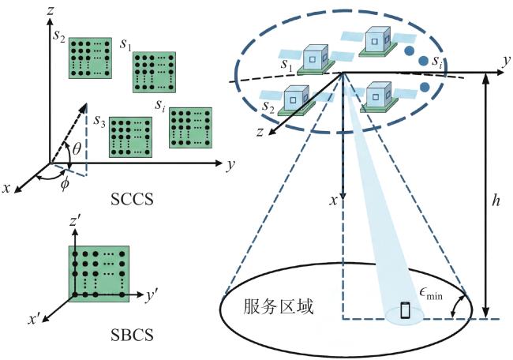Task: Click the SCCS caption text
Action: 132,199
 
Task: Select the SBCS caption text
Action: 132,335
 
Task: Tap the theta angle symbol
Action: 77,149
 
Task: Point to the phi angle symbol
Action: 65,184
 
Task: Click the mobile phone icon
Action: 406,310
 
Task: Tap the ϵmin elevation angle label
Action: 431,294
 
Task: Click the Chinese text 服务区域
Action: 278,306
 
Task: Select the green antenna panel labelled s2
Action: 90,58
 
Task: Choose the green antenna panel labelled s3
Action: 130,137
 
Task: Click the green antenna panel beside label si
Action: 190,128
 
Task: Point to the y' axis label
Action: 152,296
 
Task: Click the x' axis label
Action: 34,319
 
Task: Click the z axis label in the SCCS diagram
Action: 50,10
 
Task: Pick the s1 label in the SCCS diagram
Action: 125,44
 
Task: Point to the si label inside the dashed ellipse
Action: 437,62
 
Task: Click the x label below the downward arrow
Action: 333,201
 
